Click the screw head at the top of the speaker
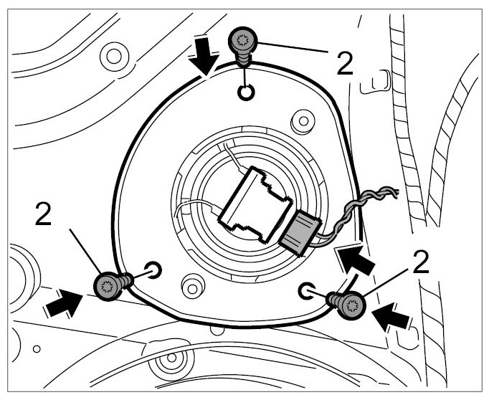[243, 40]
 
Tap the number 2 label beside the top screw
[345, 63]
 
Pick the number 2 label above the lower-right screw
[420, 262]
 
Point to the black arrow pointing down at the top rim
[204, 55]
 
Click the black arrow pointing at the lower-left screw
[63, 303]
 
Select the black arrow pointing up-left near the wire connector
[354, 259]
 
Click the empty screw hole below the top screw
[246, 92]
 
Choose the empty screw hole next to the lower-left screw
[153, 270]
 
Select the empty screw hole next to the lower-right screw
[307, 291]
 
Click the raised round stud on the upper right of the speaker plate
[303, 121]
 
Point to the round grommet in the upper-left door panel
[114, 57]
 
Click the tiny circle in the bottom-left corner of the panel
[37, 349]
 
